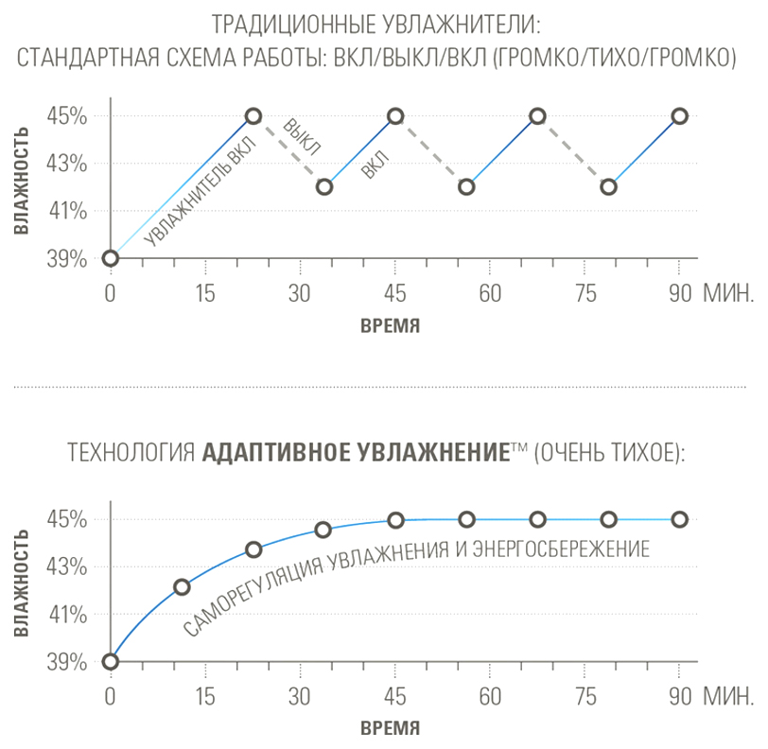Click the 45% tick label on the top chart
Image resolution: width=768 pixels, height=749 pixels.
[66, 116]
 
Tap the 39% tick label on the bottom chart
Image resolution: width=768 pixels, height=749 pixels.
[66, 662]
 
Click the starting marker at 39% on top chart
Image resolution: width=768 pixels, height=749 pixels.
[111, 258]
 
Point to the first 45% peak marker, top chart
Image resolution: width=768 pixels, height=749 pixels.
[253, 116]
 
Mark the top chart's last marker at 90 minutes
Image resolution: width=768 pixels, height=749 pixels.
[679, 116]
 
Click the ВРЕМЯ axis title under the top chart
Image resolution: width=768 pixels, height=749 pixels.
[390, 325]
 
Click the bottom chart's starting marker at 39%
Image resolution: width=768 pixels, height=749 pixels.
[111, 661]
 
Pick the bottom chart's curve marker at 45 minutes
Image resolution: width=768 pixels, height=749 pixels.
[395, 520]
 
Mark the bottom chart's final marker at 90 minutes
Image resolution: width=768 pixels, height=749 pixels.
[679, 519]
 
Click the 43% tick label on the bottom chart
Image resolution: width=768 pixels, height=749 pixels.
[66, 567]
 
